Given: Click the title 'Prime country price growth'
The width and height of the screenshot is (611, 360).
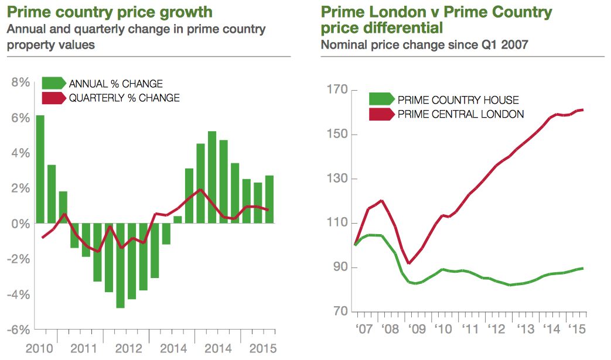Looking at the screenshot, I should click(x=110, y=12).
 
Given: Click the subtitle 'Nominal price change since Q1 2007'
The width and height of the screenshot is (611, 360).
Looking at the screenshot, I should click(x=425, y=44).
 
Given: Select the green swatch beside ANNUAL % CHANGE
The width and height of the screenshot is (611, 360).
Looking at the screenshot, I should click(x=54, y=84).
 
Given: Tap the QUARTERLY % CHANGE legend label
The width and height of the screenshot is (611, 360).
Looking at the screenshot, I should click(x=124, y=98).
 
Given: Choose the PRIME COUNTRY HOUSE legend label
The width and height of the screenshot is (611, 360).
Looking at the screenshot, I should click(x=458, y=100).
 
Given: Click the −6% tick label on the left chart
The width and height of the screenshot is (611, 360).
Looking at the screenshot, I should click(x=18, y=330).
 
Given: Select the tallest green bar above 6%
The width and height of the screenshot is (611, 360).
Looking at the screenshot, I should click(x=40, y=169).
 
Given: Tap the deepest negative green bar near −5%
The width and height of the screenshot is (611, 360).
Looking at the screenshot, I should click(x=120, y=265).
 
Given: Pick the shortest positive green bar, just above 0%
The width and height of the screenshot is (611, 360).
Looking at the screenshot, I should click(x=178, y=220).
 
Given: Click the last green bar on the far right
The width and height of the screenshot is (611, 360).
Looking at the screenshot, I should click(x=269, y=199).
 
